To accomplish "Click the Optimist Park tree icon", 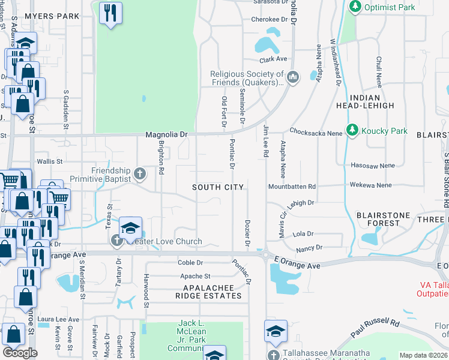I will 355,7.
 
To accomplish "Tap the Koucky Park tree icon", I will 352,131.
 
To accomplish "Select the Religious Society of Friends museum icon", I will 293,77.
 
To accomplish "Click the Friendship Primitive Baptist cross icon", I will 140,174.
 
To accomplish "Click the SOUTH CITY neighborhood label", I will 218,188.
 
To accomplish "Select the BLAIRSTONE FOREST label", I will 383,219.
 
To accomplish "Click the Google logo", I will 20,353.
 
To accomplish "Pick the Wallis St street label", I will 50,161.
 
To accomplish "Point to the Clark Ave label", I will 273,60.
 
